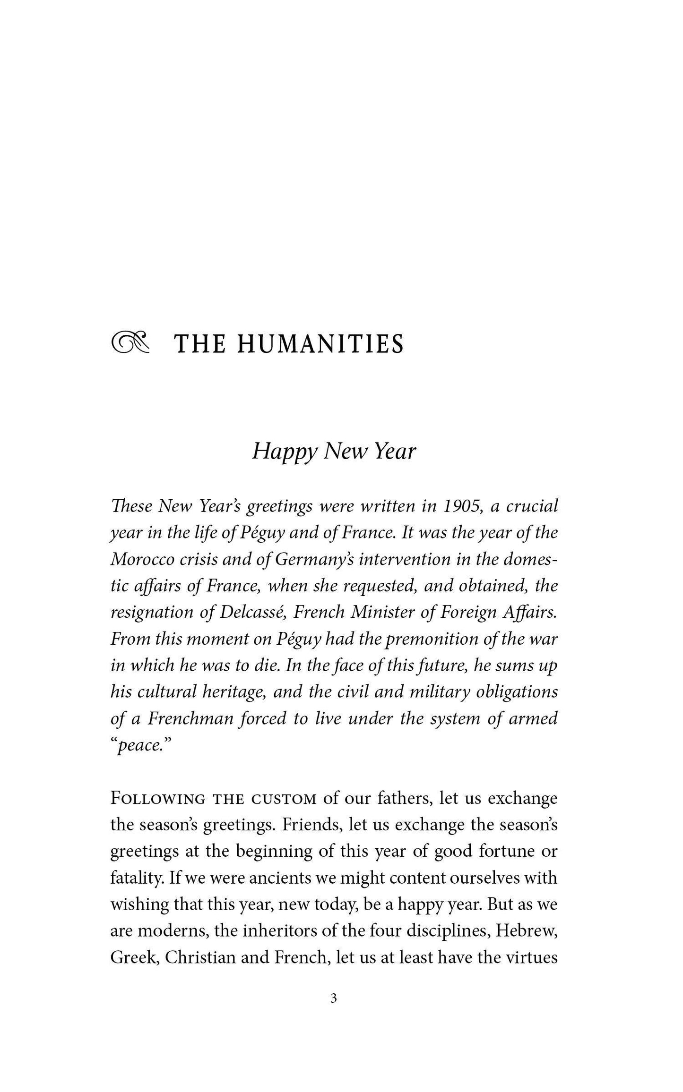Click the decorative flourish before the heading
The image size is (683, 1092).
(130, 343)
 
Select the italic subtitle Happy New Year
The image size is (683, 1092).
(334, 452)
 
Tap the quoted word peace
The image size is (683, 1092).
(142, 745)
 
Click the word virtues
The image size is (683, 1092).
(532, 958)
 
